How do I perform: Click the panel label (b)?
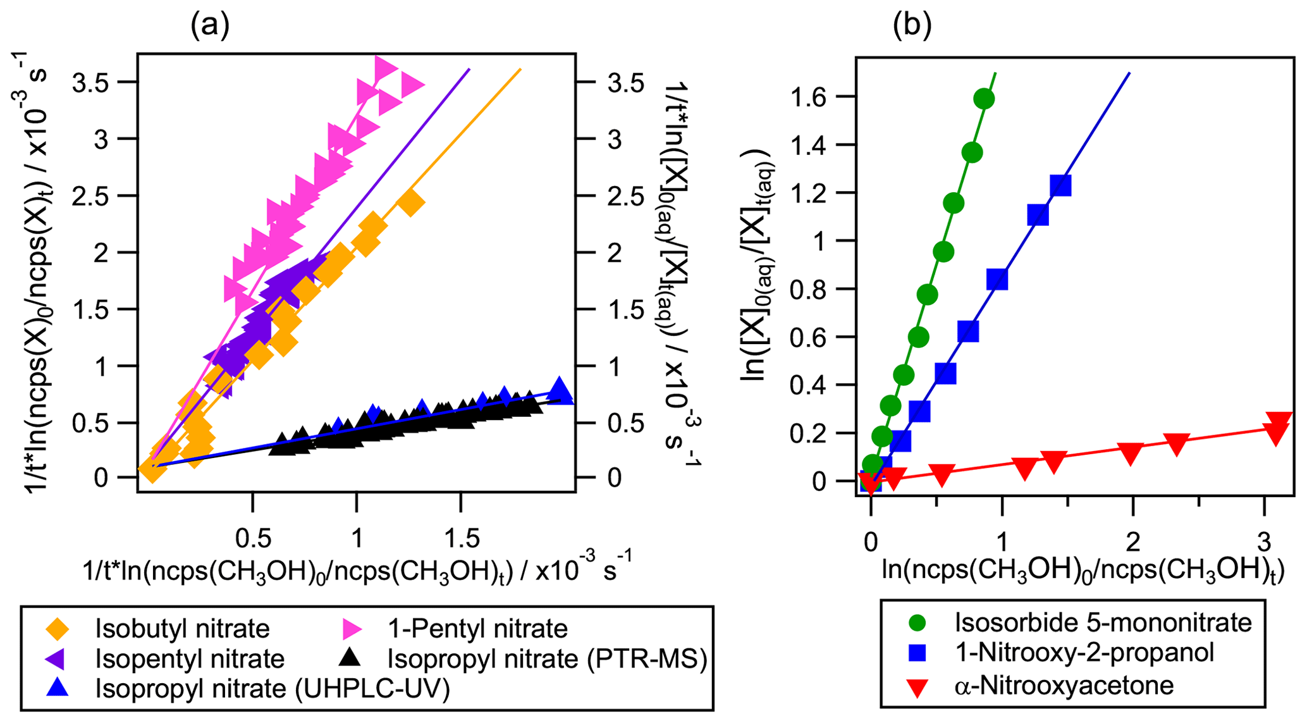point(911,26)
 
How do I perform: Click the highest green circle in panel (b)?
point(984,99)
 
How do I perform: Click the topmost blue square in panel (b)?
point(1060,185)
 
